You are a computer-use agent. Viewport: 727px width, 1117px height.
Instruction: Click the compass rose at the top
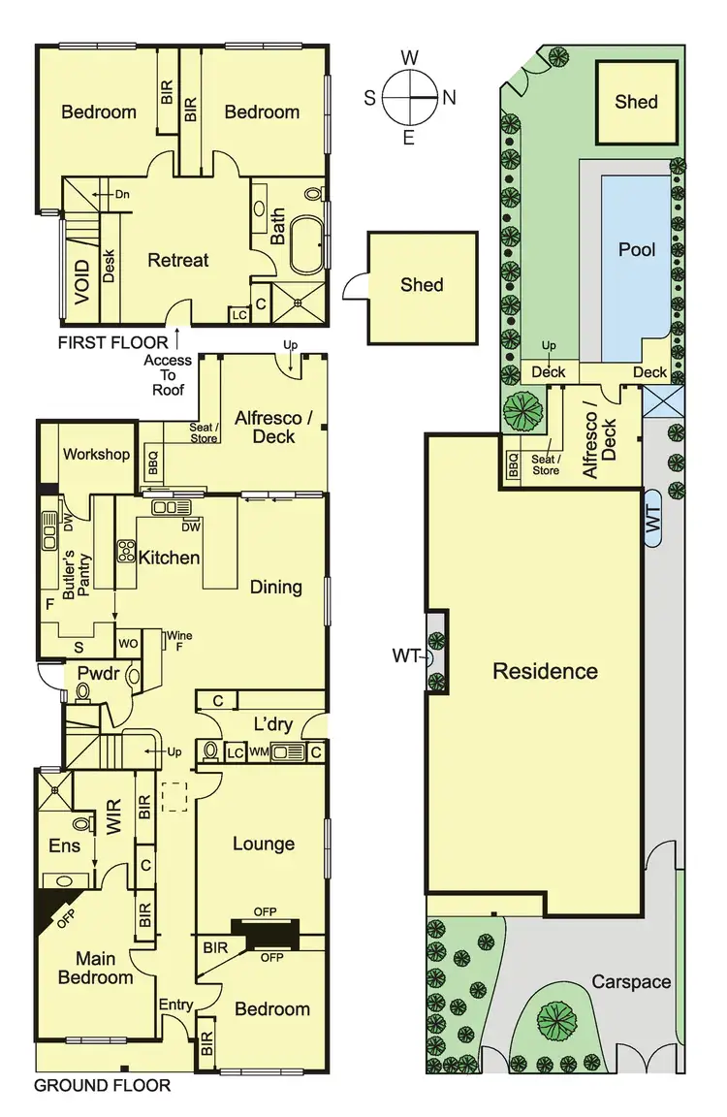tap(409, 98)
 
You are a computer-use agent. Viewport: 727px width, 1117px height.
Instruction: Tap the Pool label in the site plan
tap(637, 249)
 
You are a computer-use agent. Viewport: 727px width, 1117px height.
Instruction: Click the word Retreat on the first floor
tap(177, 260)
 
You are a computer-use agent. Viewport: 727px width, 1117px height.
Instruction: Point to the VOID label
tap(81, 282)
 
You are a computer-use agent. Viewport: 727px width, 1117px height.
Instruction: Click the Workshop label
tap(96, 454)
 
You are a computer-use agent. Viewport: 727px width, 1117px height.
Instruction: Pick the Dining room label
tap(275, 587)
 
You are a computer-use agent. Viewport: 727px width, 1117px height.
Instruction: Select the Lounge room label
tap(263, 844)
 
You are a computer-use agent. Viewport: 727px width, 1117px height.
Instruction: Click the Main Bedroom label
tap(95, 967)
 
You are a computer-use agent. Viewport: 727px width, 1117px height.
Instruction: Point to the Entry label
tap(175, 1005)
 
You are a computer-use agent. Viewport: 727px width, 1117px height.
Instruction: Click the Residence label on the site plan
tap(545, 671)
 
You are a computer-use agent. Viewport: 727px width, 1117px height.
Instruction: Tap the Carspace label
tap(631, 982)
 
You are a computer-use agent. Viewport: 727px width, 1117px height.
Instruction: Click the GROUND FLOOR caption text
tap(103, 1085)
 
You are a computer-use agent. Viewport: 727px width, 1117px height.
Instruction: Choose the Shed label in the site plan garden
tap(636, 102)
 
